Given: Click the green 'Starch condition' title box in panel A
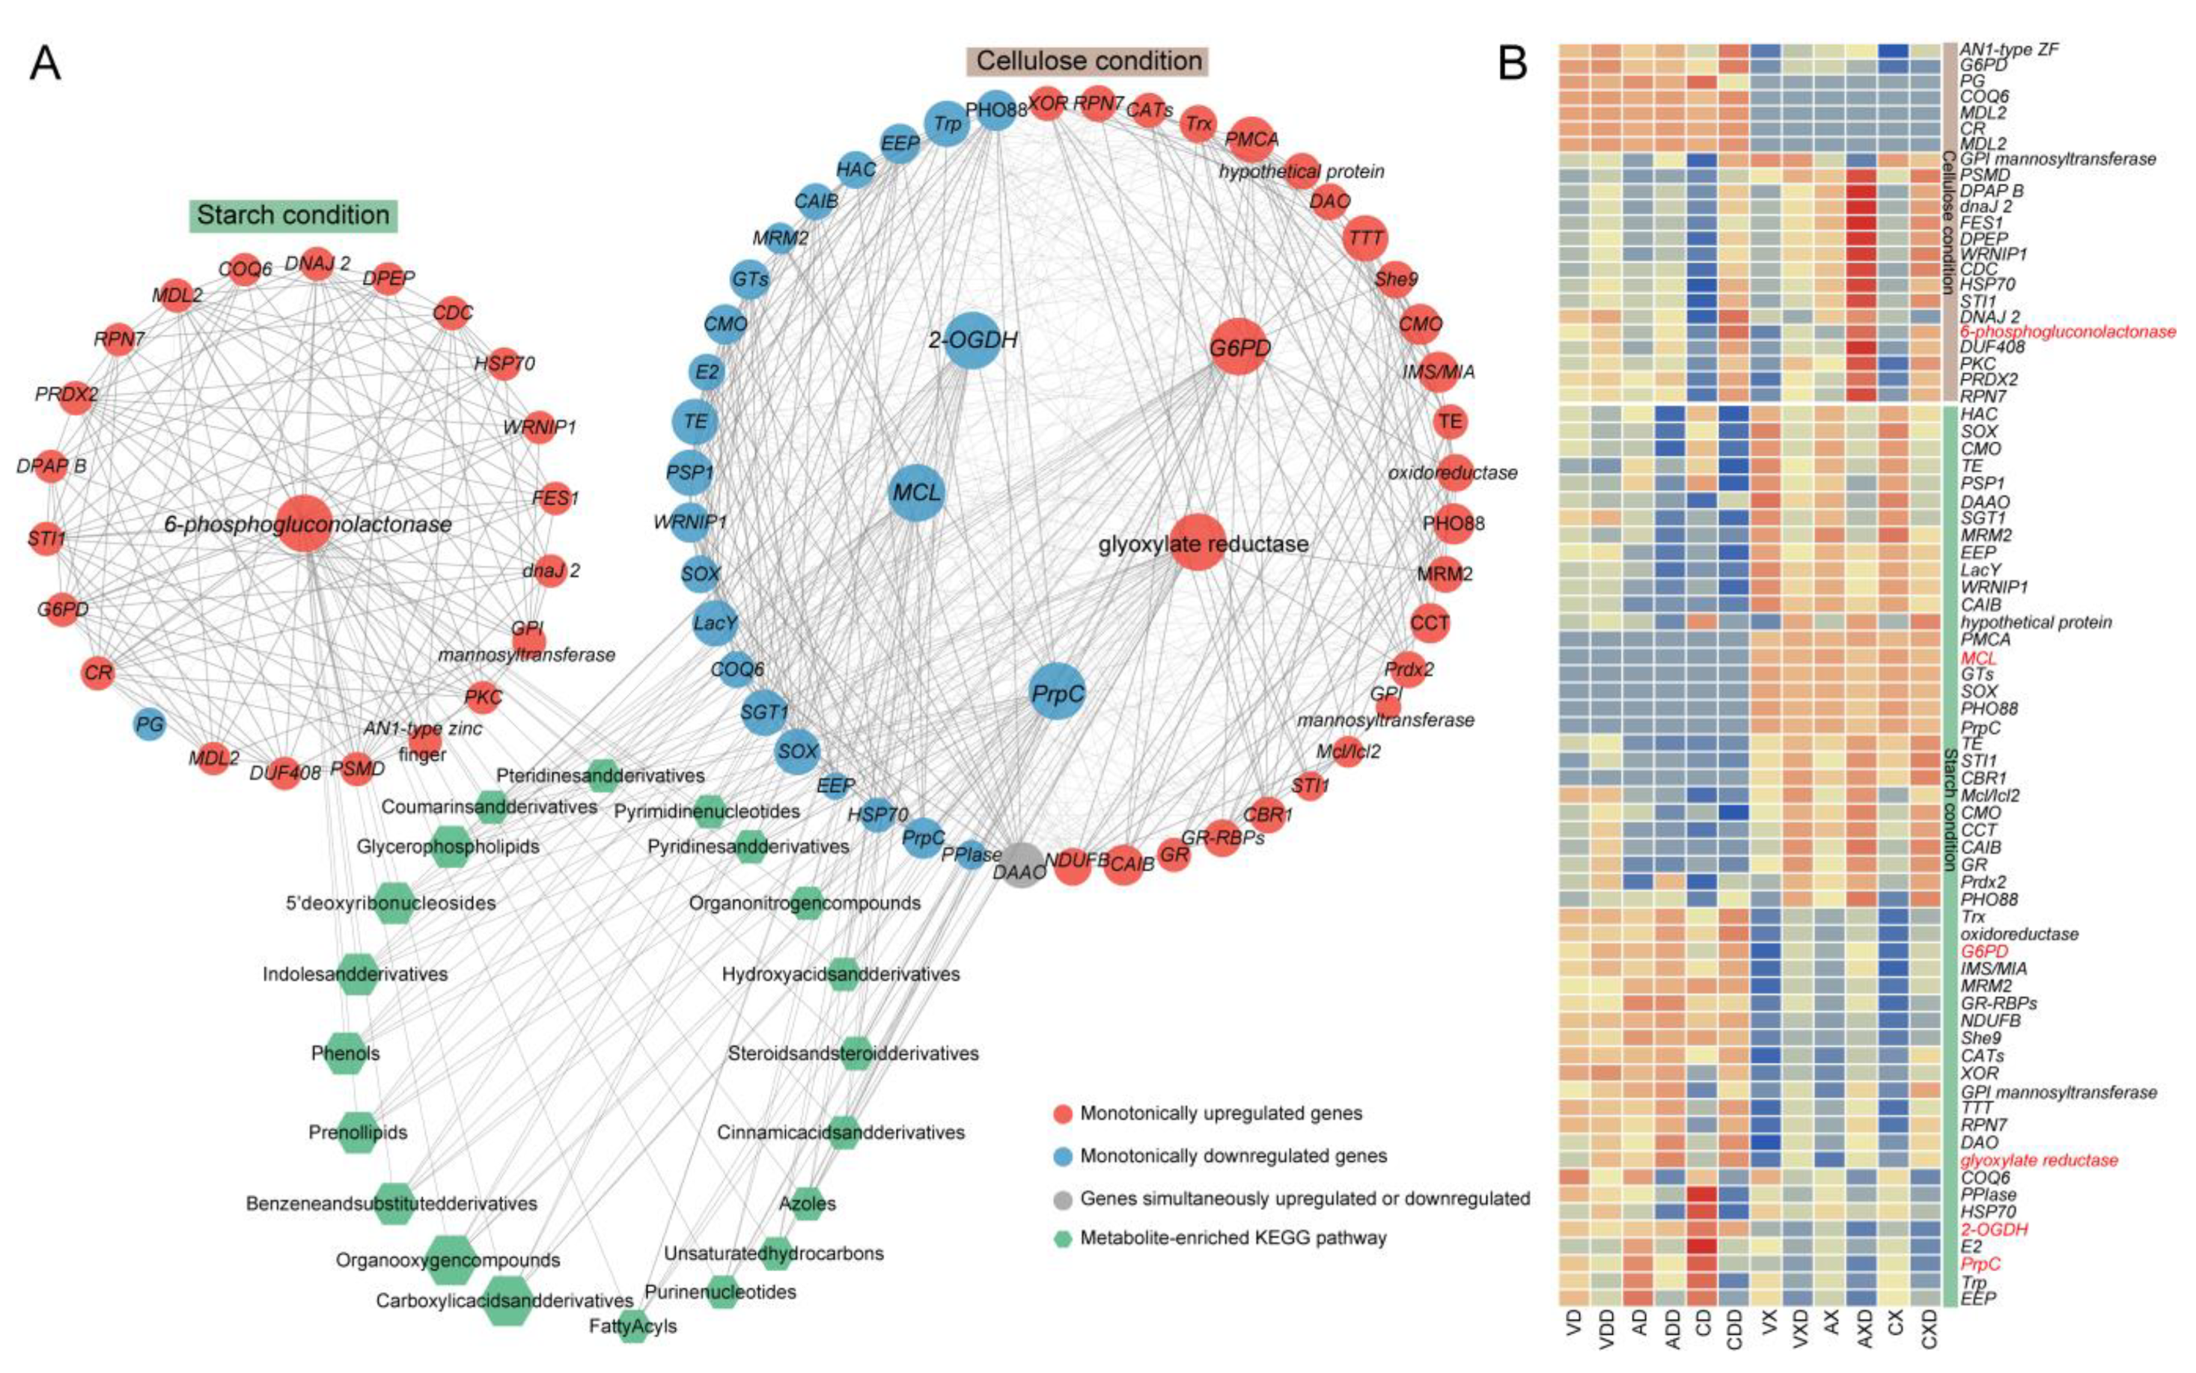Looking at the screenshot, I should click(293, 215).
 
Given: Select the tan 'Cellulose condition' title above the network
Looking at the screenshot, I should click(1088, 61).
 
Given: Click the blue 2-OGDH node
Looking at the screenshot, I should click(973, 340).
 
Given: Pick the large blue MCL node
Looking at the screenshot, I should click(916, 493).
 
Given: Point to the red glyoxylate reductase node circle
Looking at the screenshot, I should click(1197, 543).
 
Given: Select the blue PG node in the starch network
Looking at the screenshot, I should click(149, 724).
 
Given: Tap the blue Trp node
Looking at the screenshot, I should click(946, 123).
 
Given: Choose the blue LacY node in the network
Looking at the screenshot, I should click(715, 623).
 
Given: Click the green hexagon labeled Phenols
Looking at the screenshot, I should click(346, 1054).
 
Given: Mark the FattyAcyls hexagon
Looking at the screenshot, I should click(633, 1326).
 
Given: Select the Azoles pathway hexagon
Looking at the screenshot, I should click(806, 1203).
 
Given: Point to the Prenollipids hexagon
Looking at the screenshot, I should click(358, 1132).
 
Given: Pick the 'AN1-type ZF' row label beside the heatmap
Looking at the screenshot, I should click(2008, 49).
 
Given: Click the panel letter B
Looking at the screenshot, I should click(1512, 64).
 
